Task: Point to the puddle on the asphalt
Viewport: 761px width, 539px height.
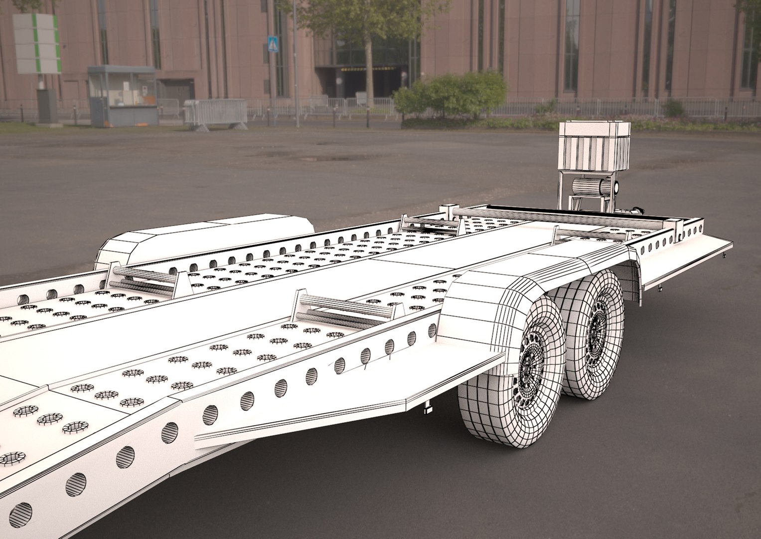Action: [x=319, y=158]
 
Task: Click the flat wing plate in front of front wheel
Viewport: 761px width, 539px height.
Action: [x=349, y=399]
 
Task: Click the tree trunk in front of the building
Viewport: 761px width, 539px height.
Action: [x=369, y=65]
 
